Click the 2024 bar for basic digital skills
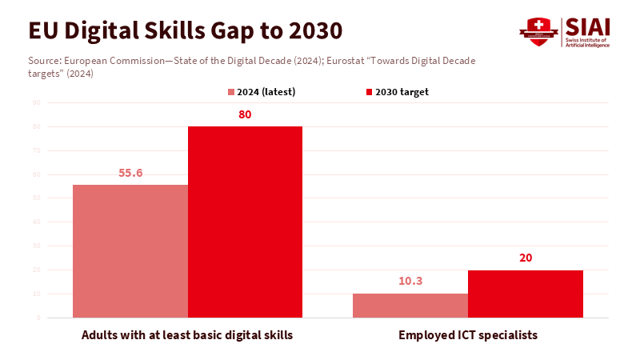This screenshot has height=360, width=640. [130, 251]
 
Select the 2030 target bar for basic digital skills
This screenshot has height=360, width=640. [245, 222]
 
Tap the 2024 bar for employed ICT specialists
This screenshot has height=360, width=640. [410, 306]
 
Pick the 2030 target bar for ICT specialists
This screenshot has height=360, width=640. [525, 294]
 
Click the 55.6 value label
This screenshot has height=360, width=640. [130, 173]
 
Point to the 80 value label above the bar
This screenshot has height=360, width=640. [245, 114]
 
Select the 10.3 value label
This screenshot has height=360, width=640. [410, 282]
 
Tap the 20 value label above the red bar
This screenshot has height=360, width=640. [525, 258]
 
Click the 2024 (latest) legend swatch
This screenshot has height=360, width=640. [231, 92]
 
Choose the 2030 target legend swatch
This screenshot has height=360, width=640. [369, 92]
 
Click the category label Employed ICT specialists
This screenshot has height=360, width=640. [468, 335]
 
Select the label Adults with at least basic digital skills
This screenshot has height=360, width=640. [187, 335]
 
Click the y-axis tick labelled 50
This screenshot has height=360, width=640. [37, 198]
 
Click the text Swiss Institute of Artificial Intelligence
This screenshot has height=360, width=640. [588, 42]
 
